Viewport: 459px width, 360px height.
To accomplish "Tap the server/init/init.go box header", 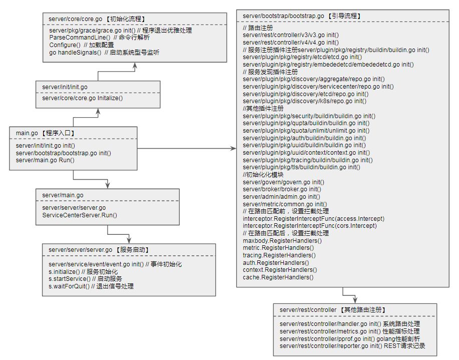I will point(65,87).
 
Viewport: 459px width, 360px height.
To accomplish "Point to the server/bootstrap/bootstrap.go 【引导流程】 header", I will point(301,16).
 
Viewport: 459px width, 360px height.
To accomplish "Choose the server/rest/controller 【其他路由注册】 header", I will point(332,310).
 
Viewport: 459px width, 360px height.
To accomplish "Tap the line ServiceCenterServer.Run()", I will point(80,215).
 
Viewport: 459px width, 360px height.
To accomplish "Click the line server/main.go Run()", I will point(45,160).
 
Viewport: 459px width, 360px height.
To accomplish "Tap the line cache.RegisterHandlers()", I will point(278,277).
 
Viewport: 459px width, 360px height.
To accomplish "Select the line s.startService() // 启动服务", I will point(86,278).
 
